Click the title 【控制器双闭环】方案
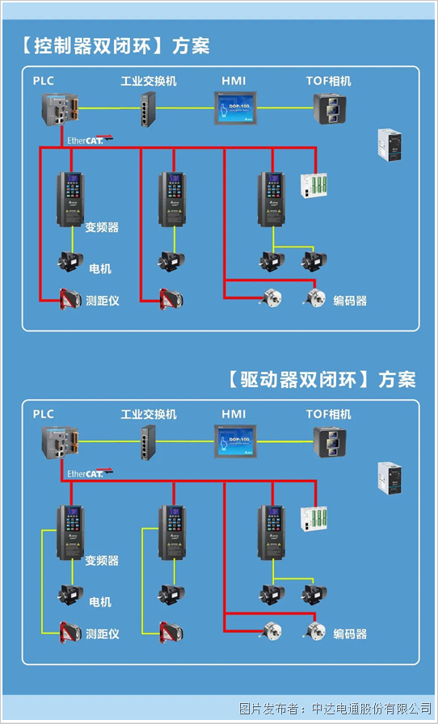click(112, 46)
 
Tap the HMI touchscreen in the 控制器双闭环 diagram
click(234, 107)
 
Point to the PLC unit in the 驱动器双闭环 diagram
click(61, 441)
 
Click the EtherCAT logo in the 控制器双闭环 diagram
click(90, 139)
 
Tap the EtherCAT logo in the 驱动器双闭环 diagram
click(90, 473)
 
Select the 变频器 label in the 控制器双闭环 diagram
click(102, 228)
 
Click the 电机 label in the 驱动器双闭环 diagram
click(100, 602)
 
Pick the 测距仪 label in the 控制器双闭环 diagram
click(103, 301)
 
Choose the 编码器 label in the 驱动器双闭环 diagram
click(350, 634)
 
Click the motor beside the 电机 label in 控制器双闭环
click(70, 262)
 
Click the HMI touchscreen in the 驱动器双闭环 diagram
click(234, 441)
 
